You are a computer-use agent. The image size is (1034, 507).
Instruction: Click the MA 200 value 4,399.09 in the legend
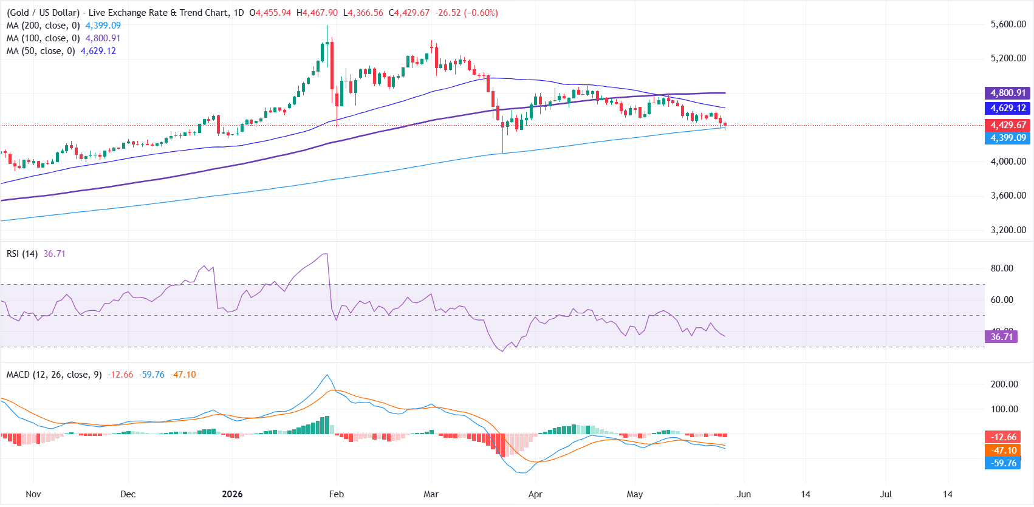pyautogui.click(x=103, y=26)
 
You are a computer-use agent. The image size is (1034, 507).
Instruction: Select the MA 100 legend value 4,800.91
pyautogui.click(x=103, y=38)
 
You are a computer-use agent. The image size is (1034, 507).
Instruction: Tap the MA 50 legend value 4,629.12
pyautogui.click(x=98, y=51)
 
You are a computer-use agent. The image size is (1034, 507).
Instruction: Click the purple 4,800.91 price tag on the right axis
pyautogui.click(x=1008, y=93)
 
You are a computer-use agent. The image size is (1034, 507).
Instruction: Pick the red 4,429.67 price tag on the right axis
pyautogui.click(x=1008, y=125)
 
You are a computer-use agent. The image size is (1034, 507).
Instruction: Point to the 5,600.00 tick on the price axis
pyautogui.click(x=1008, y=24)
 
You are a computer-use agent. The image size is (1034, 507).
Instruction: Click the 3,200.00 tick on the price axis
pyautogui.click(x=1008, y=230)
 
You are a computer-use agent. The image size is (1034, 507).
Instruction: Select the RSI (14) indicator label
pyautogui.click(x=22, y=254)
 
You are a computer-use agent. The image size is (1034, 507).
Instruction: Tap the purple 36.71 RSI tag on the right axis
pyautogui.click(x=1001, y=337)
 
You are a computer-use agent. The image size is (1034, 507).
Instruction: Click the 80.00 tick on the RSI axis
pyautogui.click(x=1002, y=268)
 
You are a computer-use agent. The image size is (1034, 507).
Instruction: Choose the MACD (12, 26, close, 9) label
pyautogui.click(x=54, y=375)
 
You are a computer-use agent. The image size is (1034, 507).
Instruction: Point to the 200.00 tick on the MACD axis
pyautogui.click(x=1004, y=384)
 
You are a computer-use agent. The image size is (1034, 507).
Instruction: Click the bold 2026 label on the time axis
pyautogui.click(x=232, y=494)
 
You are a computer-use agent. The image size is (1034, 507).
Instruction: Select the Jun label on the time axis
pyautogui.click(x=744, y=494)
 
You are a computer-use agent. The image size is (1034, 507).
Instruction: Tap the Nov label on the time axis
pyautogui.click(x=33, y=494)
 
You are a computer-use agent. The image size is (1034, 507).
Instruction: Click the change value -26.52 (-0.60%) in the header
pyautogui.click(x=467, y=13)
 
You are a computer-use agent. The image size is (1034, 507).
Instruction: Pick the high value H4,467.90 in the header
pyautogui.click(x=317, y=13)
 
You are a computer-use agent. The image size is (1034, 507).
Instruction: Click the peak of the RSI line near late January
pyautogui.click(x=326, y=254)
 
